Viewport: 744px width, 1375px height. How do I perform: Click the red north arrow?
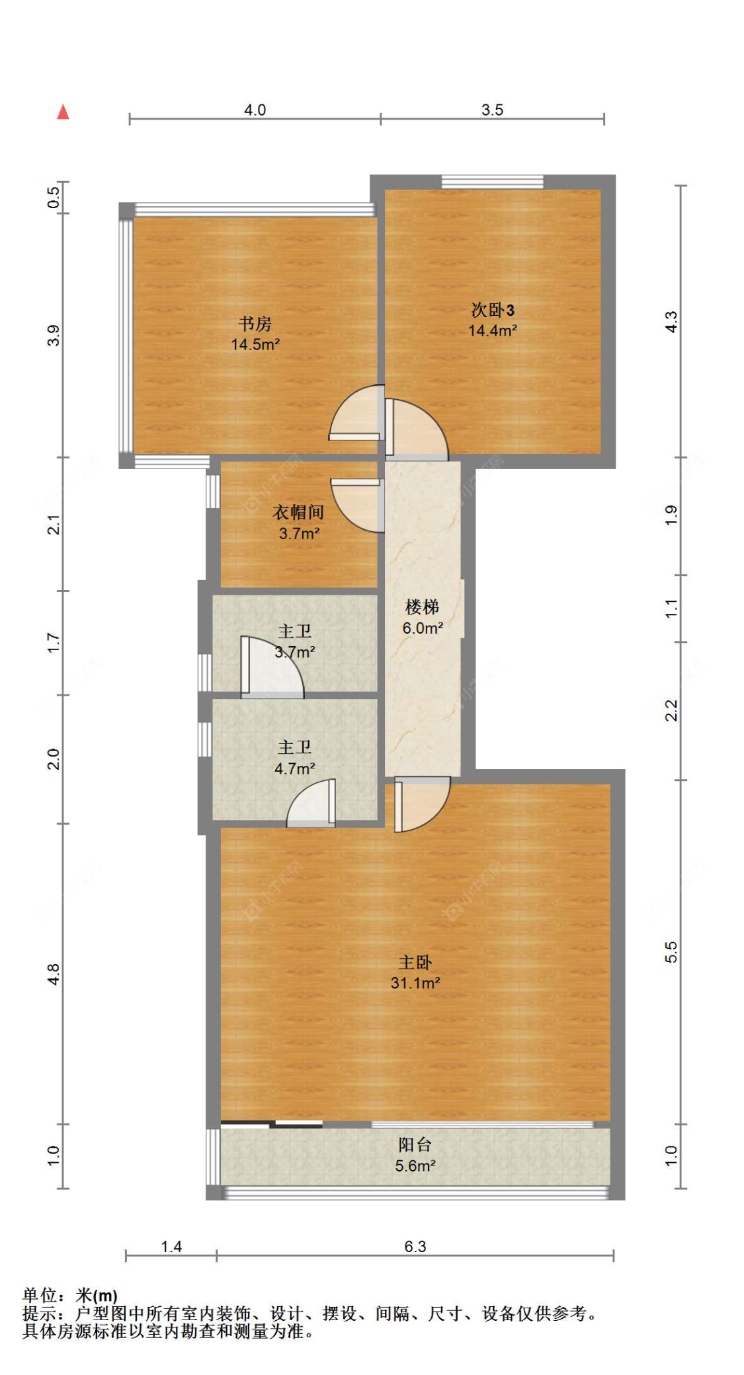pos(63,112)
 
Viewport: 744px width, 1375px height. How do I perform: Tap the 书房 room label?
pos(255,324)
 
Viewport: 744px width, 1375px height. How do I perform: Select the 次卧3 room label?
pos(492,309)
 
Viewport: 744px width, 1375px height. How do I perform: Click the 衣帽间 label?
pos(298,512)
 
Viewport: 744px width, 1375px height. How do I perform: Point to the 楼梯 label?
pos(422,607)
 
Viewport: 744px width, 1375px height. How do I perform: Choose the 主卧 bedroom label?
pos(415,962)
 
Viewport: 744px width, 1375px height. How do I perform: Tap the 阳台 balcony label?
pos(415,1144)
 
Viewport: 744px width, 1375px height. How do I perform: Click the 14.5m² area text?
pos(255,344)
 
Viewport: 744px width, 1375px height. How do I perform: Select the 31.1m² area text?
pos(415,983)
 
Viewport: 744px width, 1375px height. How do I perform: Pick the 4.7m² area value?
pos(295,768)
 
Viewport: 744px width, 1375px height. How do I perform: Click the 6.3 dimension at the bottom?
pos(415,1246)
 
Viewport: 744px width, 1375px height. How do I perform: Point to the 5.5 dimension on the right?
pos(671,951)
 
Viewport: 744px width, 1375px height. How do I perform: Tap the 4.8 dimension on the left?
pos(54,975)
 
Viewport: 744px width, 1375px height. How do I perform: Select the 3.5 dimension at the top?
pos(492,110)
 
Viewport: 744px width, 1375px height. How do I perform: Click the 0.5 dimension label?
pos(54,198)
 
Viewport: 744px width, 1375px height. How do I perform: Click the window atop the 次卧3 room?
pos(492,182)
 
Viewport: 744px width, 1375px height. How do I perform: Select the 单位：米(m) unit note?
pos(70,1295)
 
